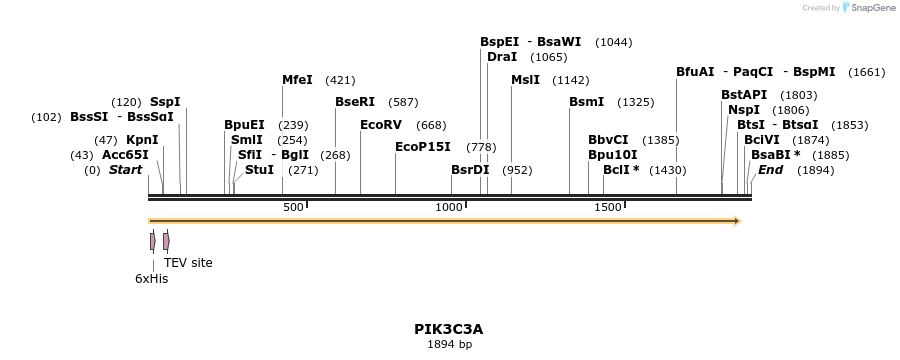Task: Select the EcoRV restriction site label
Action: (x=381, y=125)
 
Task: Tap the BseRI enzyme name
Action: (x=355, y=102)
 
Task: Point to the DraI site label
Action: (x=502, y=57)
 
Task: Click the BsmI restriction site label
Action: (x=587, y=102)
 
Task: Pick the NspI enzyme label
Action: (x=744, y=109)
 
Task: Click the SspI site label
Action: (x=165, y=102)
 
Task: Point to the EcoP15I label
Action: (x=423, y=146)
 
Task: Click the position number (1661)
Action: (x=866, y=72)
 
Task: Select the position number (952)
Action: (x=517, y=170)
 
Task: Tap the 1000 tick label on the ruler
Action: (x=449, y=207)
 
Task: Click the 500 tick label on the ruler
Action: (x=293, y=207)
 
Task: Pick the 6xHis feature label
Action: (x=152, y=279)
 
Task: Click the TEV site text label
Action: (x=188, y=263)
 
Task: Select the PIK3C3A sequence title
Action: (x=449, y=328)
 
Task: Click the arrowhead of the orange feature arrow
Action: (x=736, y=220)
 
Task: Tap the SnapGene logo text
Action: (x=869, y=8)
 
